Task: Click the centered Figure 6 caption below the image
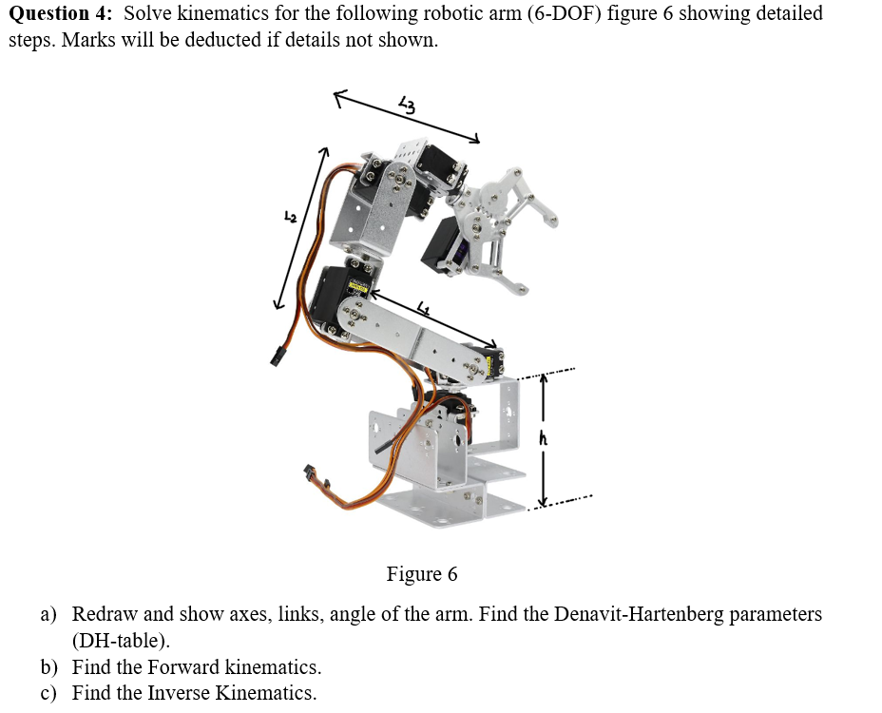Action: coord(421,574)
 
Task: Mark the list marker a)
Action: coord(48,614)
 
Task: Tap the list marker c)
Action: coord(48,693)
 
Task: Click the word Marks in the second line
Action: coord(87,41)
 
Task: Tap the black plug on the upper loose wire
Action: coord(278,356)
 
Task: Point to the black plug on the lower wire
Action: coord(310,472)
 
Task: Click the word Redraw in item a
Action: coord(105,614)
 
